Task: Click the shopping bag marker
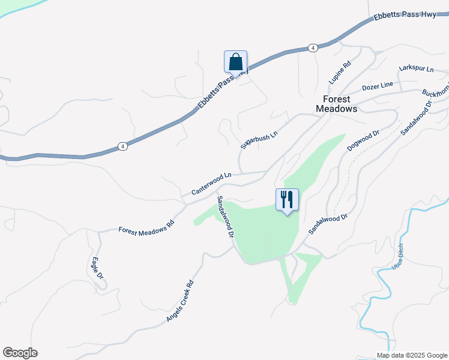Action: pyautogui.click(x=235, y=62)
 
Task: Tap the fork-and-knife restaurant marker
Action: pyautogui.click(x=287, y=200)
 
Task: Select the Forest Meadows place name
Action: pyautogui.click(x=336, y=104)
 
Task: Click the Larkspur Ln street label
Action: pyautogui.click(x=416, y=70)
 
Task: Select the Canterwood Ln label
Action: pyautogui.click(x=211, y=184)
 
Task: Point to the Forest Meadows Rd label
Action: pyautogui.click(x=146, y=226)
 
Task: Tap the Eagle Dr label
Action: pyautogui.click(x=96, y=268)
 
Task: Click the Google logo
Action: pyautogui.click(x=20, y=353)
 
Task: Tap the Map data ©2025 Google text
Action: pyautogui.click(x=411, y=355)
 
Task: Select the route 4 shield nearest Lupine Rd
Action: pyautogui.click(x=312, y=47)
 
